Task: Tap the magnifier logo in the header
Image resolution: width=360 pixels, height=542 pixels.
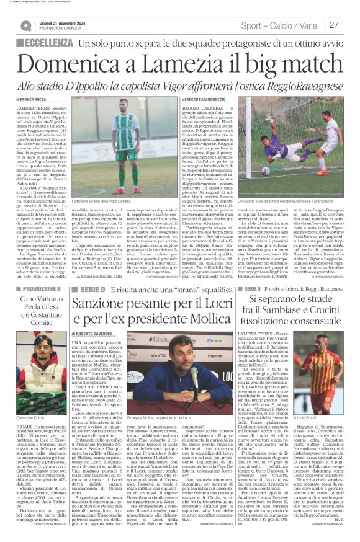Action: pyautogui.click(x=25, y=25)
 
